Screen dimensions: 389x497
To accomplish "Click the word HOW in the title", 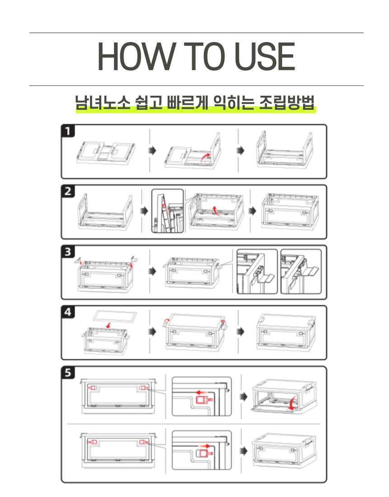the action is (x=137, y=56).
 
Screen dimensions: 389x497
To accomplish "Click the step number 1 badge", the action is (x=68, y=131).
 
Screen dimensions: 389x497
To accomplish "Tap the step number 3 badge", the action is (x=68, y=252).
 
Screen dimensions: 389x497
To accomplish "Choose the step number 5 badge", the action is (x=68, y=372).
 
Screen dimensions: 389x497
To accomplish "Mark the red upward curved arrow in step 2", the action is (x=216, y=211).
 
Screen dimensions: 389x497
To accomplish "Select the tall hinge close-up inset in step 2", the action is (x=167, y=211).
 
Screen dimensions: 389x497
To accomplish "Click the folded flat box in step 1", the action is (x=106, y=153).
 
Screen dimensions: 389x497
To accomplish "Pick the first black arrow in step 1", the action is (x=152, y=150).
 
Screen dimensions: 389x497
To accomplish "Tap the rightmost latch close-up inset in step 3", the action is (x=301, y=272).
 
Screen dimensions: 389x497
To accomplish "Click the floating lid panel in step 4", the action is (x=115, y=316).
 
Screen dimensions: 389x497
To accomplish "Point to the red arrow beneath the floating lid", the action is (x=109, y=325).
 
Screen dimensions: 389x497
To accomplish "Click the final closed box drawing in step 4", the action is (x=285, y=332).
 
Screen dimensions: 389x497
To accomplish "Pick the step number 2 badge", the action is (x=68, y=191).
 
